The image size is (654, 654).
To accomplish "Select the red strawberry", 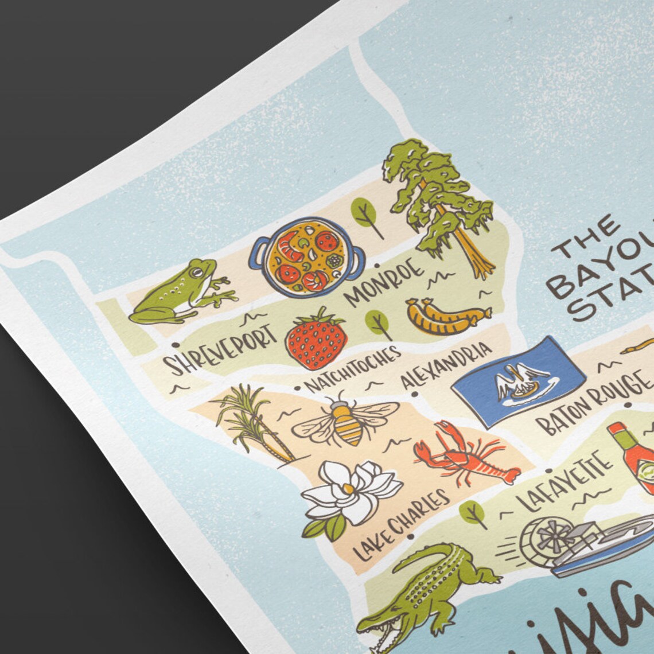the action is [x=316, y=340].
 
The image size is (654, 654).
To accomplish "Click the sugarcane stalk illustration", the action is [x=252, y=422].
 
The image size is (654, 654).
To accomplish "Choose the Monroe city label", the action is [x=386, y=280].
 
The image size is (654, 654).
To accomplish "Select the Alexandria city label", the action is [x=445, y=364].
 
